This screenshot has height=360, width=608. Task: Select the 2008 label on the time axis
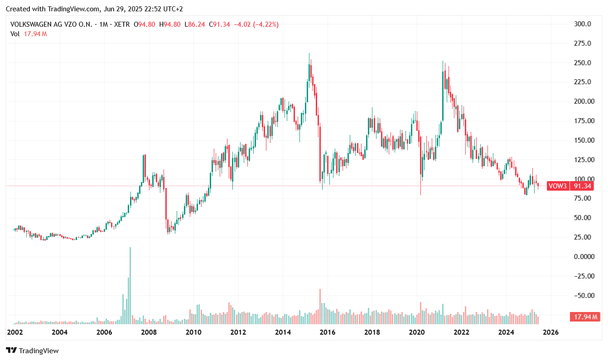click(x=148, y=332)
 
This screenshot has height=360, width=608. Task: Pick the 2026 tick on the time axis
click(x=550, y=332)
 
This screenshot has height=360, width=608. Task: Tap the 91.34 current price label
click(x=581, y=186)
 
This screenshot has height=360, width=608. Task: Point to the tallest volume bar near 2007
click(x=130, y=285)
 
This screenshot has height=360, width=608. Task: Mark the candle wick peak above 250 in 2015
click(x=309, y=54)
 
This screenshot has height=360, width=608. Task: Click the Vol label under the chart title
click(x=14, y=34)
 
